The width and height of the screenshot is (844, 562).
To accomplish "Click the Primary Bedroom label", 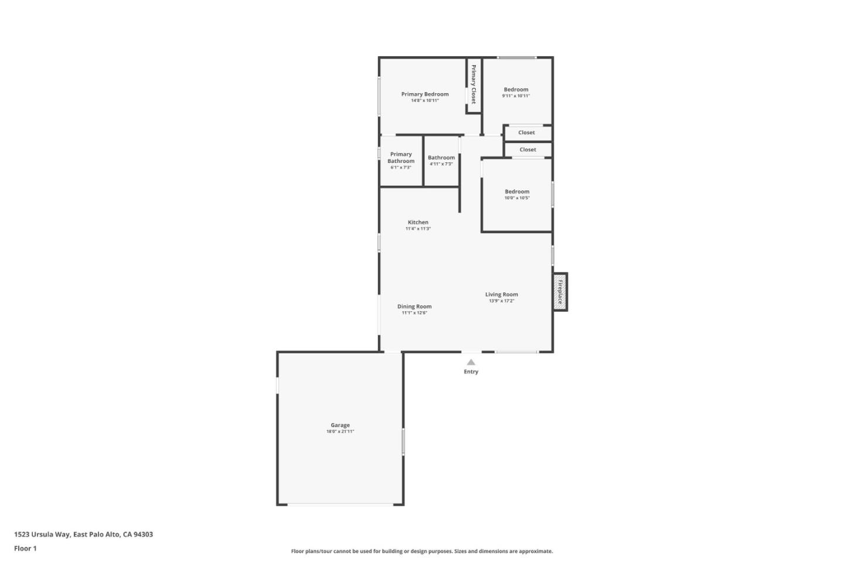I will (x=424, y=94).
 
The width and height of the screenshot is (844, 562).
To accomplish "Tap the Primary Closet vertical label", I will (x=474, y=84).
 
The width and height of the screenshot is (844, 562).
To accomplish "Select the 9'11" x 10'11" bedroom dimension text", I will (x=516, y=96).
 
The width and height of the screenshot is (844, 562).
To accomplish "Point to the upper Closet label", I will (x=526, y=132).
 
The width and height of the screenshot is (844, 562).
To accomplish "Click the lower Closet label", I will (x=527, y=149).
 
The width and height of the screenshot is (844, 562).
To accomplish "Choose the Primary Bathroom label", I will (x=401, y=158).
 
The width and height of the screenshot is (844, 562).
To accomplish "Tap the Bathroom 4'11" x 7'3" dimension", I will (x=441, y=164).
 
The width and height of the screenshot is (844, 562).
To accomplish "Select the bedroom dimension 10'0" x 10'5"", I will (x=517, y=198).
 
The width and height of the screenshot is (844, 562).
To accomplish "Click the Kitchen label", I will (x=418, y=222).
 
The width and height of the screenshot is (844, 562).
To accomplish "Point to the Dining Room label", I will (x=414, y=306).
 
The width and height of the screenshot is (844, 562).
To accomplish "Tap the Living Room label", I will (x=501, y=294).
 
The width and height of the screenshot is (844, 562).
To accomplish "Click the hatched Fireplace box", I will (x=560, y=292).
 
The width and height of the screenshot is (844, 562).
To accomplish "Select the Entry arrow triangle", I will (x=471, y=362).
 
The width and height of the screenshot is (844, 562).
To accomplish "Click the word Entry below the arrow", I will (x=471, y=372).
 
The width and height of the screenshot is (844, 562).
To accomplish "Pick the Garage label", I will (x=340, y=425).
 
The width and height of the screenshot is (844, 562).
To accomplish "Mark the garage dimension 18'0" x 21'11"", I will (x=340, y=432).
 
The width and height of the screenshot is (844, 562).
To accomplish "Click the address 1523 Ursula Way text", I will (x=83, y=534).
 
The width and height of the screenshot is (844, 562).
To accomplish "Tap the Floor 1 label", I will (x=25, y=549).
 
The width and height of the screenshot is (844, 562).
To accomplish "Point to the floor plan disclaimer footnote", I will (x=421, y=551).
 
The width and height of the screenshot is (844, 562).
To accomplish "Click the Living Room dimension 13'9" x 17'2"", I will (x=501, y=301).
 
